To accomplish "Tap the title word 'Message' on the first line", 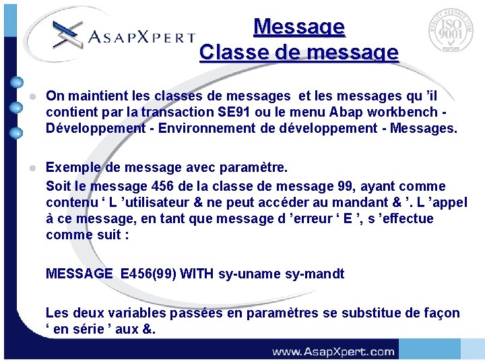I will point(299,26).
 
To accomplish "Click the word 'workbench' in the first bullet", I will point(408,112).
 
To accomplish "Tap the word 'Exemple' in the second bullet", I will point(72,167).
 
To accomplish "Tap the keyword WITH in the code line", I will point(197,274).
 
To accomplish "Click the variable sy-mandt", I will point(315,274).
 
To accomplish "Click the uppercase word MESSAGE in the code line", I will point(79,274).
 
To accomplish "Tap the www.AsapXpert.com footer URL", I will point(333,351).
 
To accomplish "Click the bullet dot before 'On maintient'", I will point(32,97).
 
